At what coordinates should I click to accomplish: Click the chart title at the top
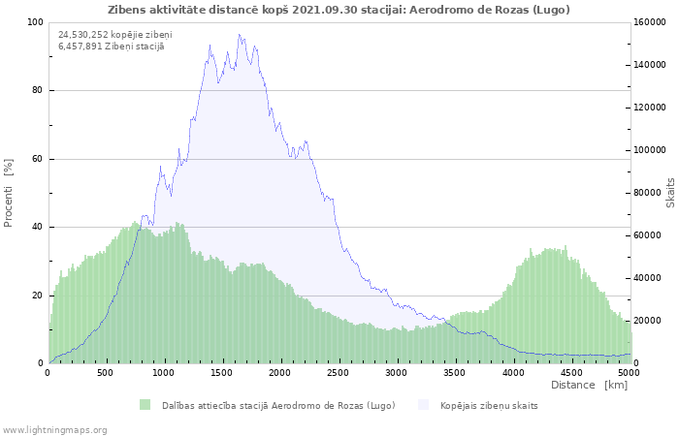point(339,10)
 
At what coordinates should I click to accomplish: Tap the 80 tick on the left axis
point(37,90)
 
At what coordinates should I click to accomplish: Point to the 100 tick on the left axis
point(35,22)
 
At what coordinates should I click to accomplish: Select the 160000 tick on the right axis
point(650,22)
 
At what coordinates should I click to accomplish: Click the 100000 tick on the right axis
point(650,150)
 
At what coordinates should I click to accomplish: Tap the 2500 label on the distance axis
point(338,373)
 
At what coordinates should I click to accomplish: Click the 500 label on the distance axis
point(105,373)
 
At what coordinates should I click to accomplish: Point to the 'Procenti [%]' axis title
point(8,193)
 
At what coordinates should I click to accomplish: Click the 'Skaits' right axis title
point(671,193)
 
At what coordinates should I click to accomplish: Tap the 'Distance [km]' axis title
point(589,385)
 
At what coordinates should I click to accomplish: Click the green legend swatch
point(145,405)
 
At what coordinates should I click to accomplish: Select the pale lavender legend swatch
point(423,405)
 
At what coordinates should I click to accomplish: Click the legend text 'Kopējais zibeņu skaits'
point(489,406)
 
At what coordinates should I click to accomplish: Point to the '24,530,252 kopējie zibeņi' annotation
point(115,35)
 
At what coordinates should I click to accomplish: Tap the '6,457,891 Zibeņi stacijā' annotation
point(112,47)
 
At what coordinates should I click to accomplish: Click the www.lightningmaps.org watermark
point(53,430)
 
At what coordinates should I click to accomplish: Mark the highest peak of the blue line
point(239,34)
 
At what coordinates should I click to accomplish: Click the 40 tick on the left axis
point(37,227)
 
